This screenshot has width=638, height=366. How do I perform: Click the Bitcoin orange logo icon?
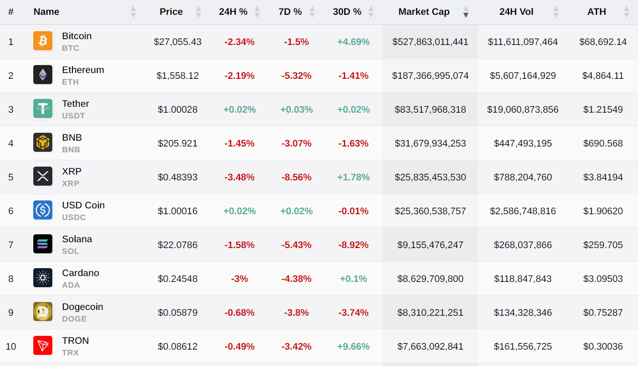pyautogui.click(x=43, y=41)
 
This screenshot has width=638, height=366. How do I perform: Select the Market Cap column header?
pyautogui.click(x=424, y=12)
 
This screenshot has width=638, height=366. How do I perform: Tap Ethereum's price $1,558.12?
pyautogui.click(x=178, y=76)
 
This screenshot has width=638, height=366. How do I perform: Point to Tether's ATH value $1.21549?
pyautogui.click(x=603, y=109)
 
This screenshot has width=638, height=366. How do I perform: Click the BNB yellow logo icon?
pyautogui.click(x=43, y=143)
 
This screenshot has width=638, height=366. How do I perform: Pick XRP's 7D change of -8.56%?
pyautogui.click(x=297, y=177)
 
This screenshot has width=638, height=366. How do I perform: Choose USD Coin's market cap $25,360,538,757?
pyautogui.click(x=430, y=211)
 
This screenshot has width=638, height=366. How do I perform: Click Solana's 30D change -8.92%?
pyautogui.click(x=354, y=245)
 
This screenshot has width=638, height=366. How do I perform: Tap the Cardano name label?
pyautogui.click(x=80, y=273)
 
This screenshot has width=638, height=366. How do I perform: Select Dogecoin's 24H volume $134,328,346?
pyautogui.click(x=523, y=313)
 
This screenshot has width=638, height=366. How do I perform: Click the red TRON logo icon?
pyautogui.click(x=43, y=346)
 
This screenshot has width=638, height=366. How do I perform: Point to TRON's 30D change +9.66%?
pyautogui.click(x=354, y=346)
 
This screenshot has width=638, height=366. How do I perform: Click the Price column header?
pyautogui.click(x=171, y=12)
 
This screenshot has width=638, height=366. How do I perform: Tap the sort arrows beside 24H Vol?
pyautogui.click(x=556, y=12)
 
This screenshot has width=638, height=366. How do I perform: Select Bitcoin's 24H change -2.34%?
pyautogui.click(x=239, y=42)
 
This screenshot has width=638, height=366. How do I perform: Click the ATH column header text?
pyautogui.click(x=597, y=12)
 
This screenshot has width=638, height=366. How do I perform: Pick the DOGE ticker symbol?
pyautogui.click(x=74, y=319)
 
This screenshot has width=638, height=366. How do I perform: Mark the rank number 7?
pyautogui.click(x=11, y=245)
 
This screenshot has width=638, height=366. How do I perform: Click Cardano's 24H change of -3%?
pyautogui.click(x=239, y=279)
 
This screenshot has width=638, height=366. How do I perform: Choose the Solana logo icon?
pyautogui.click(x=43, y=244)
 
